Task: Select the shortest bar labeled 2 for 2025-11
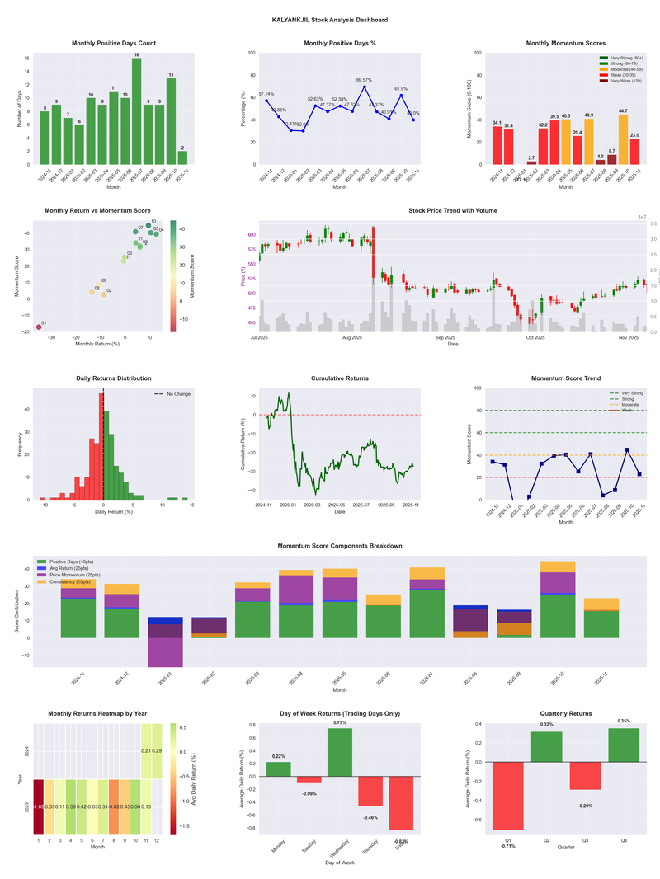pos(182,157)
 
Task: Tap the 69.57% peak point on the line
pos(364,87)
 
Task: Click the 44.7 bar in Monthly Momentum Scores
pos(623,139)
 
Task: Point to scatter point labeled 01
pos(38,327)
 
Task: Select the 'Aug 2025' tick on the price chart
pos(352,337)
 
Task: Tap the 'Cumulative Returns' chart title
pos(339,378)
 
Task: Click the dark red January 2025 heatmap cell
pos(38,807)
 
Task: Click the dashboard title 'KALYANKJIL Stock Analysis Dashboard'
pos(329,19)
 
